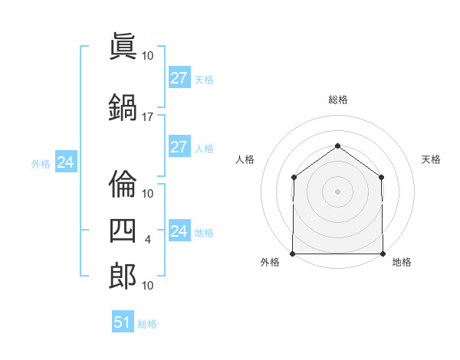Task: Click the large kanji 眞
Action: [123, 46]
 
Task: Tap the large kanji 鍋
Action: [123, 107]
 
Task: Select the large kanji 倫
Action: [123, 184]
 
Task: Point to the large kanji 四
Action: [123, 231]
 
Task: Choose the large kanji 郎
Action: [123, 276]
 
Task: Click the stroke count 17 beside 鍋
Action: [147, 117]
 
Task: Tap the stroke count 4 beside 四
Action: [147, 240]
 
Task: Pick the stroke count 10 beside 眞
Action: [147, 56]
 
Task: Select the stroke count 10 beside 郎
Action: [147, 286]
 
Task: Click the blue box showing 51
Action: [123, 321]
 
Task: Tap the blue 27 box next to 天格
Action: [180, 77]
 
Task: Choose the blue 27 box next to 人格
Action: [180, 146]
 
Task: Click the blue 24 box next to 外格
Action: [66, 162]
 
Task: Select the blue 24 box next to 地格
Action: [180, 230]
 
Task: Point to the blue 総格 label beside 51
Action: [147, 324]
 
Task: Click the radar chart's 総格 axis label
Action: [338, 100]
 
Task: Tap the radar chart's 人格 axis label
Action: [245, 159]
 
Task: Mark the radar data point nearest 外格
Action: [293, 254]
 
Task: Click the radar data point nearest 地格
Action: [383, 254]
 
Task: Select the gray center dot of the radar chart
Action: [337, 191]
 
